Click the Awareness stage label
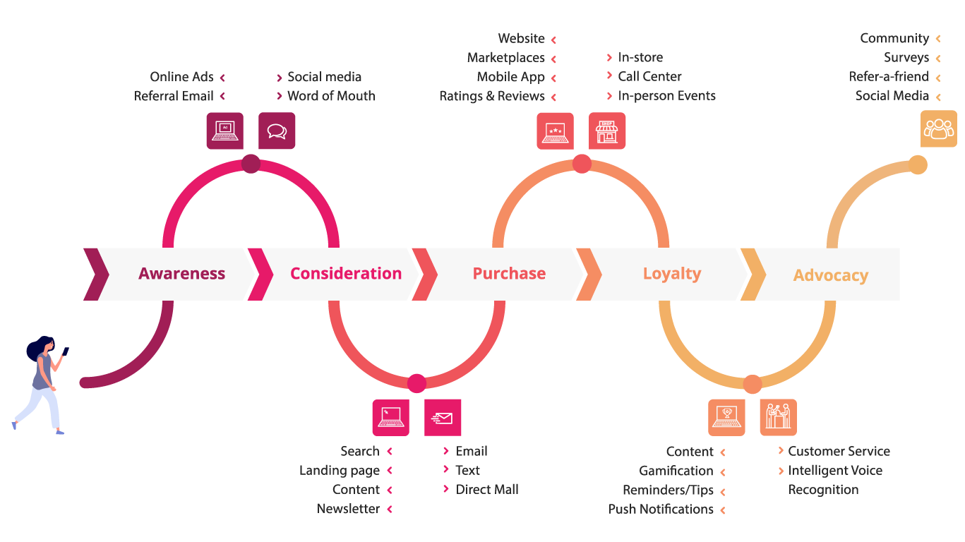click(x=181, y=274)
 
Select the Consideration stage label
click(x=345, y=274)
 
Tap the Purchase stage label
click(x=509, y=274)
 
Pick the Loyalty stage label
click(x=672, y=274)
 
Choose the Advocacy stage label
click(x=830, y=275)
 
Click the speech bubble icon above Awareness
click(x=277, y=131)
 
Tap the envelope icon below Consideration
click(x=443, y=418)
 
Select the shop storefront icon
click(x=607, y=131)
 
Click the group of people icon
click(x=938, y=129)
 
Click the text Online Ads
click(x=181, y=77)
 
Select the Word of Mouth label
click(x=331, y=96)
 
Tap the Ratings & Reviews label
click(x=492, y=96)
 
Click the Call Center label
click(x=649, y=76)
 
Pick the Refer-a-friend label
click(x=889, y=77)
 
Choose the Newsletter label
click(x=348, y=509)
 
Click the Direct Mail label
click(x=487, y=490)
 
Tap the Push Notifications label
click(x=661, y=510)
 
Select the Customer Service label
click(x=839, y=451)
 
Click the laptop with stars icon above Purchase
click(x=555, y=131)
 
